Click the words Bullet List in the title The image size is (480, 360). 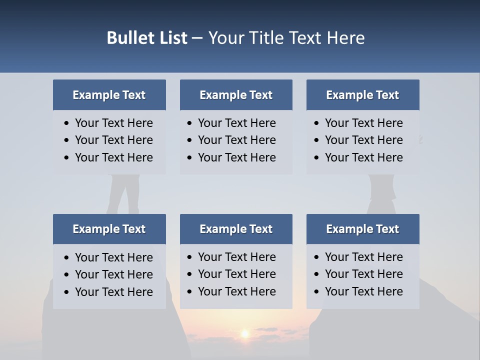click(x=147, y=38)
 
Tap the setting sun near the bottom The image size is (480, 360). click(x=245, y=333)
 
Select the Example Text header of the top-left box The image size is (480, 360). click(x=109, y=95)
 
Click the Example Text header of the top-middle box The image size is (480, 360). click(x=236, y=95)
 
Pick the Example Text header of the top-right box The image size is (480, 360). click(x=362, y=95)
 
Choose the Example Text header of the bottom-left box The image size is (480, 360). click(x=109, y=229)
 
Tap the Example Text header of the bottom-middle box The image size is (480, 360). click(x=236, y=229)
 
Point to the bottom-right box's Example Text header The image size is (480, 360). click(x=362, y=229)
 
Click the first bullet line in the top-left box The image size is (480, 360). click(x=114, y=123)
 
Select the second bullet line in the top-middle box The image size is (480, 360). click(x=237, y=140)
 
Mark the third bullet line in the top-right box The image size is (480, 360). click(x=364, y=157)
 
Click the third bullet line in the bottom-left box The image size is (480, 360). click(x=114, y=292)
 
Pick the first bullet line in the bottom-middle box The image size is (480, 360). click(x=237, y=257)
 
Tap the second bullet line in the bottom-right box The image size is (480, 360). click(x=364, y=274)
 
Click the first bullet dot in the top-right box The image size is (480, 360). click(x=316, y=123)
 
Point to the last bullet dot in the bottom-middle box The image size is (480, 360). click(x=189, y=292)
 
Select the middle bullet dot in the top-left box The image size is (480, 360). click(x=66, y=140)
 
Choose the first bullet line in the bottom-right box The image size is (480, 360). click(x=364, y=257)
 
